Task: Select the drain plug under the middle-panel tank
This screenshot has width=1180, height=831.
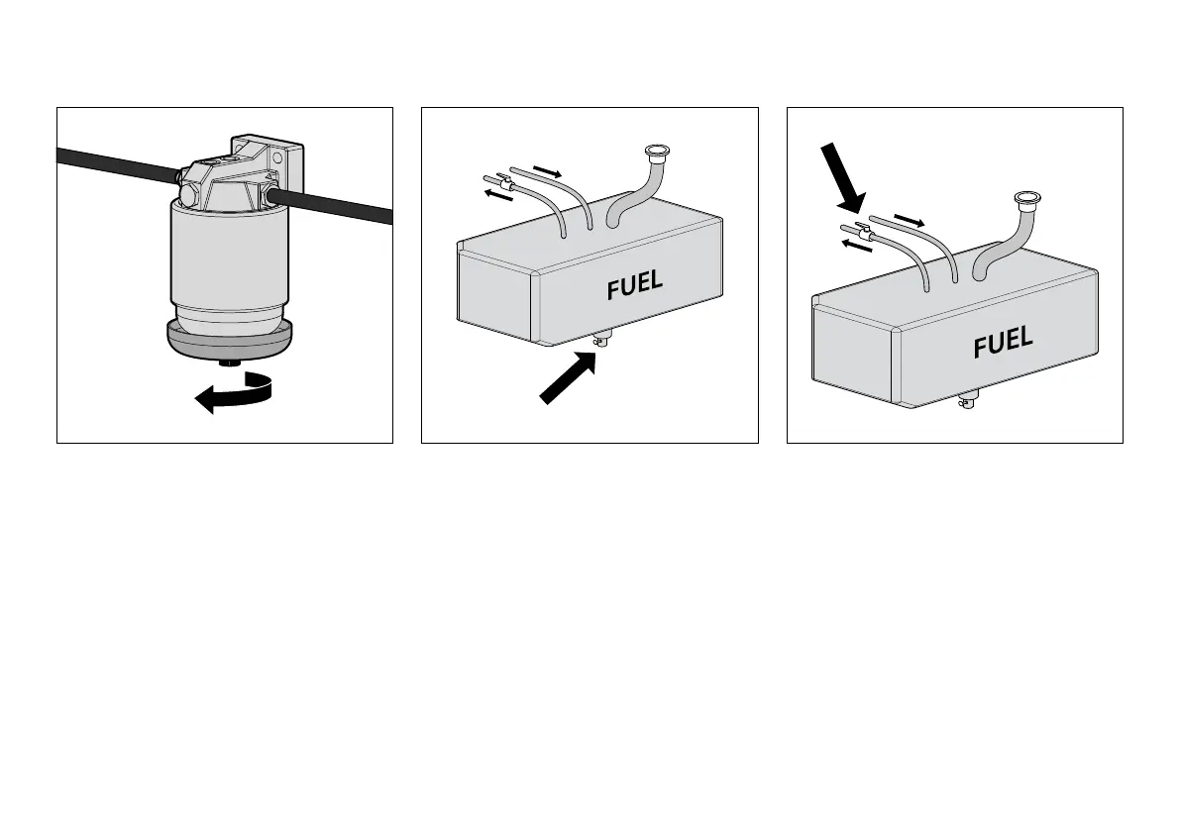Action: tap(600, 341)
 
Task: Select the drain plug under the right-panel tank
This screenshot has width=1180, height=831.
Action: tap(967, 401)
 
